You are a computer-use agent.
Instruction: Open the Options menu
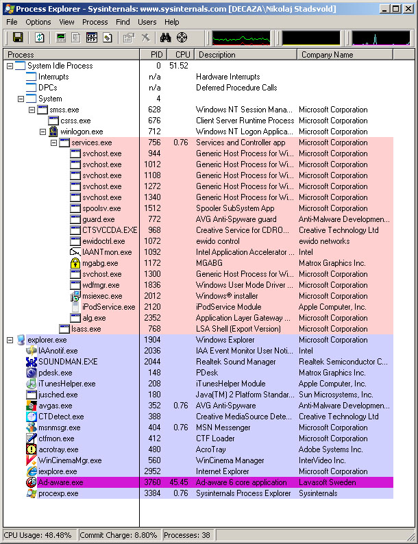(38, 22)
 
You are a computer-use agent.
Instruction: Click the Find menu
(123, 22)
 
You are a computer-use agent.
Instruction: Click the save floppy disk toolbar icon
(18, 38)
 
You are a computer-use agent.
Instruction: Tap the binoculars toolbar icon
(165, 38)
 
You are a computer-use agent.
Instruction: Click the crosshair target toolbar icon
(182, 38)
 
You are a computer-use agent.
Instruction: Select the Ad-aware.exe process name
(61, 482)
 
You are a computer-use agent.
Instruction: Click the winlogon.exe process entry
(82, 132)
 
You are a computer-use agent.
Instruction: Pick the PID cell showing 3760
(152, 482)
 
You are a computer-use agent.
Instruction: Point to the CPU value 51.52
(179, 66)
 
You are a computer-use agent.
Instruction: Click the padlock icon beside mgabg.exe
(75, 263)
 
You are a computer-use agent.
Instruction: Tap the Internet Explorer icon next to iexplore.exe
(32, 471)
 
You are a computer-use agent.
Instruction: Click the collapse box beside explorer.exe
(10, 340)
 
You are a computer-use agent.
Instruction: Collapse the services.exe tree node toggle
(53, 143)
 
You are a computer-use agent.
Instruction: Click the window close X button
(408, 9)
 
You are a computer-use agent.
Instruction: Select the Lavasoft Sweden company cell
(327, 482)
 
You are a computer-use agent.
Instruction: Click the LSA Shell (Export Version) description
(238, 329)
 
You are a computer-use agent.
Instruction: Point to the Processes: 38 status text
(187, 535)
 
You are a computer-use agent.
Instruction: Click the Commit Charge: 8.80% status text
(119, 535)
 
